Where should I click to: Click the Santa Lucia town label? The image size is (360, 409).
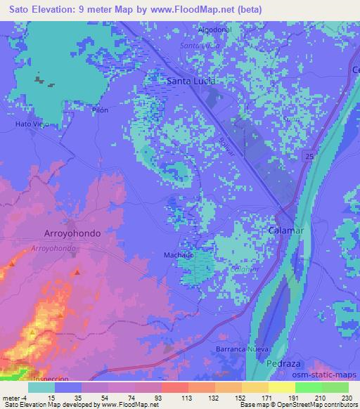pos(190,82)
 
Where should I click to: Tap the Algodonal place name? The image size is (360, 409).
pos(214,30)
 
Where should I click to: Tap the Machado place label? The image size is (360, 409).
pos(179,256)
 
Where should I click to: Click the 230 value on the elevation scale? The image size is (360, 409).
pos(346,398)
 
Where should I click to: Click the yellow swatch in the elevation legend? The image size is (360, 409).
pos(281,387)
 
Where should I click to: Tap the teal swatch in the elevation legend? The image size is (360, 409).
pos(42,387)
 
